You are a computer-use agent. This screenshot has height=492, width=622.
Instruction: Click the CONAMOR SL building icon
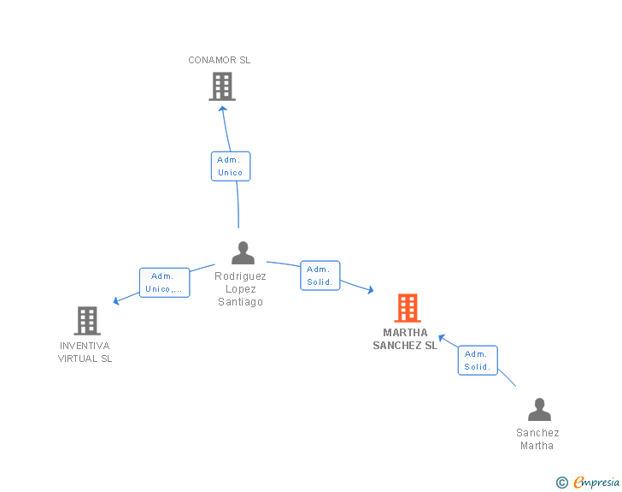pos(222,86)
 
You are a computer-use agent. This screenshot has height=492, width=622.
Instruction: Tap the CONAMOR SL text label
pos(219,60)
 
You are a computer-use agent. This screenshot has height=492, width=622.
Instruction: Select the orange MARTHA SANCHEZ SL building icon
pos(408,308)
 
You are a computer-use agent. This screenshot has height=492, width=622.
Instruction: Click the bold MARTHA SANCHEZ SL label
pos(405,339)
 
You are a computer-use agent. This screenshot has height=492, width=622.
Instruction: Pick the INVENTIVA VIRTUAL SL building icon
pos(87,321)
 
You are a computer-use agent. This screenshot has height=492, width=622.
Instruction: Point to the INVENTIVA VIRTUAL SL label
pos(85,353)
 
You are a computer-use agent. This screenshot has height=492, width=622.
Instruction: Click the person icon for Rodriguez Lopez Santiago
pos(243,252)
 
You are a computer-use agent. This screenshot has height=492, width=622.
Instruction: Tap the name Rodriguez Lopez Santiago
pos(240,289)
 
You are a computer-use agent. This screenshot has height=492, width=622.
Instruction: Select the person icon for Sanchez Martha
pos(539,409)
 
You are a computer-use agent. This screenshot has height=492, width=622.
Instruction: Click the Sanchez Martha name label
pos(537,439)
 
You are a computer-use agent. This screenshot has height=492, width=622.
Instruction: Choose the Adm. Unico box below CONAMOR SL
pos(231,166)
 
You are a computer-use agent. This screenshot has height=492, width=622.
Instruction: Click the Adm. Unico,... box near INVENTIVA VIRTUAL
pos(165,282)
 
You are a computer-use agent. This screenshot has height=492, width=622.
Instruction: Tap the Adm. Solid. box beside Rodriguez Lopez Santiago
pos(320,276)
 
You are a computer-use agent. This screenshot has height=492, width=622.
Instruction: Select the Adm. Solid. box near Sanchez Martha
pos(478,360)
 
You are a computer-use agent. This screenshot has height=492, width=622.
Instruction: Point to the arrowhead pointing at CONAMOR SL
pos(223,109)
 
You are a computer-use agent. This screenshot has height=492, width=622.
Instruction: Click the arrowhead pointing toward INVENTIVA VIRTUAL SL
pos(116,301)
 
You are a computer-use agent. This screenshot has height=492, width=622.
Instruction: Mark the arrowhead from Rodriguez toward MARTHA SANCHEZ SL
pos(371,290)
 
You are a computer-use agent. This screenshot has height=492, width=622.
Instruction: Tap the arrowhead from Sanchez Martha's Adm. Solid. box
pos(442,338)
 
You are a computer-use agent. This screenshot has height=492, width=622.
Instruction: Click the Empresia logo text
pos(596,482)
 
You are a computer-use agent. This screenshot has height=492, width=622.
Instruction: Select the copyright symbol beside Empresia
pos(562,483)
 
